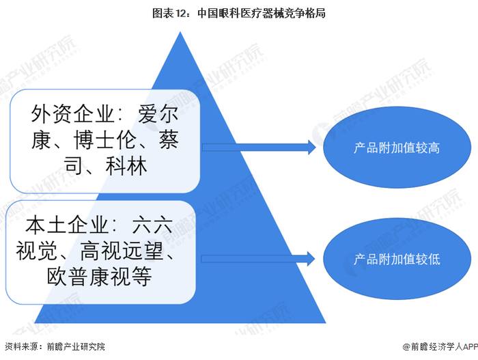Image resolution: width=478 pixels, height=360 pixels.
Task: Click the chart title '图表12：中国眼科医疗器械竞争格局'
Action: point(238,12)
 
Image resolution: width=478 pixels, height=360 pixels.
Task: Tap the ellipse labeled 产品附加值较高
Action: point(397,148)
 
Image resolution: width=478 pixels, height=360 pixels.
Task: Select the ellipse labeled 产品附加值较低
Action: point(397,259)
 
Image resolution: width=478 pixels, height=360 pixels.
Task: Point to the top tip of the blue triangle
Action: point(180,33)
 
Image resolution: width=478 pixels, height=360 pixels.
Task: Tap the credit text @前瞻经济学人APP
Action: point(436,347)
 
